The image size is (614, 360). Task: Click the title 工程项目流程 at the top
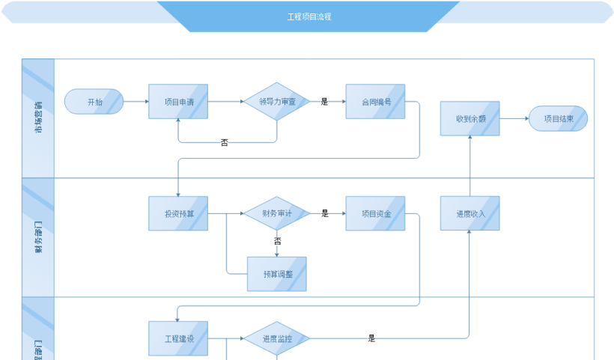pyautogui.click(x=308, y=16)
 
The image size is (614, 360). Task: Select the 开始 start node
pyautogui.click(x=94, y=102)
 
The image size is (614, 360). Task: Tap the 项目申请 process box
pyautogui.click(x=178, y=102)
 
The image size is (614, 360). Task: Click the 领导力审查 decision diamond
pyautogui.click(x=277, y=102)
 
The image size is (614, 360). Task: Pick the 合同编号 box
pyautogui.click(x=375, y=102)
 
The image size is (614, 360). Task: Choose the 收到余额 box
pyautogui.click(x=469, y=118)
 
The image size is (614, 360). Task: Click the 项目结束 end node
pyautogui.click(x=558, y=118)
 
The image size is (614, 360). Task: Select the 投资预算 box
pyautogui.click(x=178, y=213)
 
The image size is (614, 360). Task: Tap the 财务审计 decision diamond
pyautogui.click(x=277, y=213)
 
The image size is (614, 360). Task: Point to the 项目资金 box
pyautogui.click(x=375, y=213)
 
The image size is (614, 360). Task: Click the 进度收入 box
pyautogui.click(x=469, y=213)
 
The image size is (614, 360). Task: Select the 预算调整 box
pyautogui.click(x=277, y=274)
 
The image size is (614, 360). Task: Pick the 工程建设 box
pyautogui.click(x=178, y=338)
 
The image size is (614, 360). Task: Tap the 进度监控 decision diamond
pyautogui.click(x=277, y=338)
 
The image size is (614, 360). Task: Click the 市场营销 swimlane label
pyautogui.click(x=38, y=118)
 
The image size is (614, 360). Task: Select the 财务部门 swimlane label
pyautogui.click(x=38, y=237)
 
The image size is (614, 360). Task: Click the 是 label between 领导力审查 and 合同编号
pyautogui.click(x=325, y=102)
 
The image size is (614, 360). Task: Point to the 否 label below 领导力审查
pyautogui.click(x=225, y=141)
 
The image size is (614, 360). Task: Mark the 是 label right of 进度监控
pyautogui.click(x=371, y=338)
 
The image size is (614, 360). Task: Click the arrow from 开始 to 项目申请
pyautogui.click(x=136, y=102)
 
